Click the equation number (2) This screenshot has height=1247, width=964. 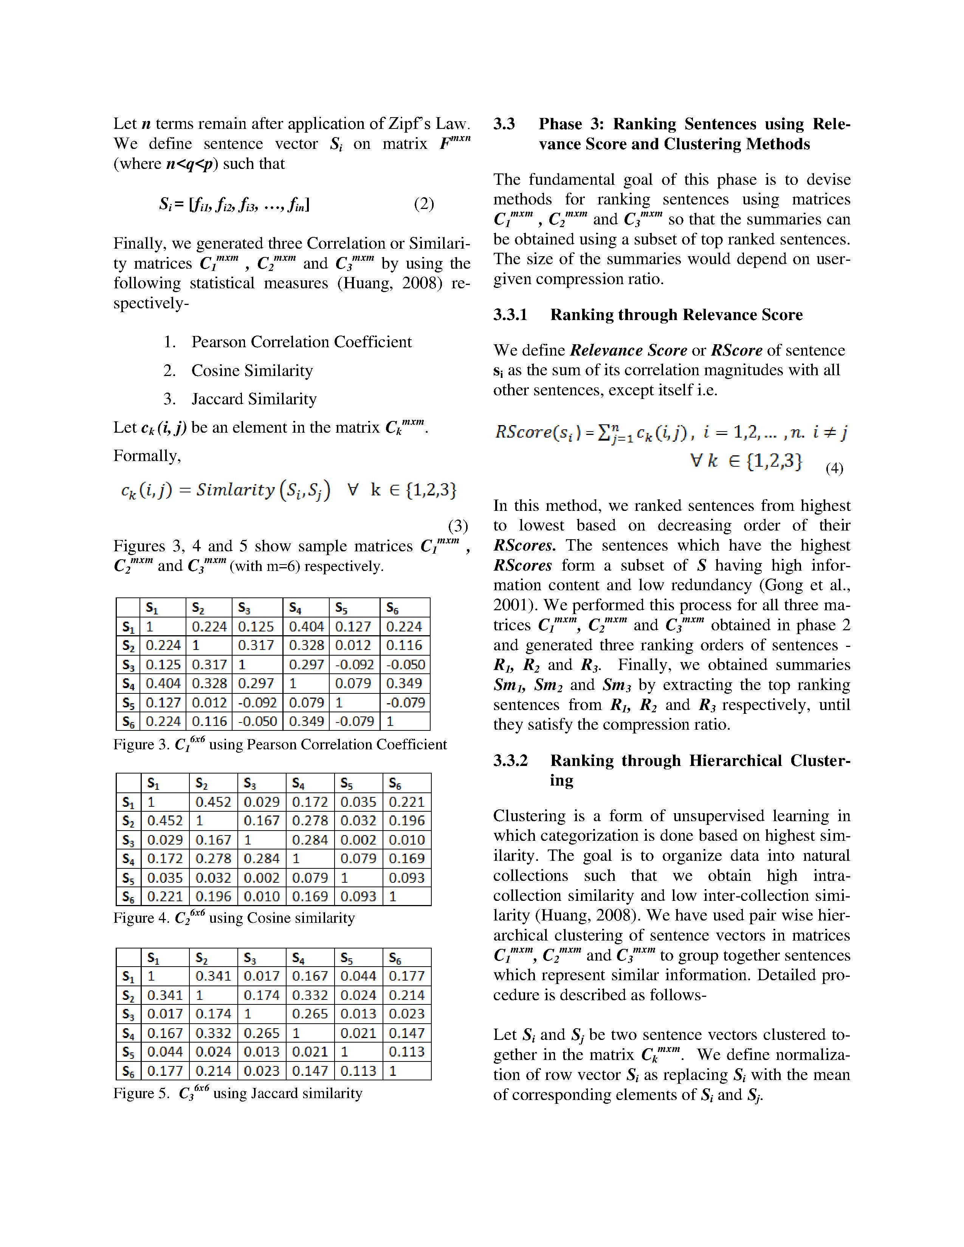click(424, 204)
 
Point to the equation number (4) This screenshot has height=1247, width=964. click(834, 468)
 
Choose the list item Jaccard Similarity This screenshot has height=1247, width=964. click(254, 399)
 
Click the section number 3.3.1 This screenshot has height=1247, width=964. click(511, 315)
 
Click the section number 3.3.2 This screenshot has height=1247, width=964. click(511, 761)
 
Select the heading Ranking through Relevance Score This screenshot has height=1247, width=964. click(676, 315)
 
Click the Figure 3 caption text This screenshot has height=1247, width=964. click(280, 744)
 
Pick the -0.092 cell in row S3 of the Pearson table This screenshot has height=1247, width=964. click(354, 665)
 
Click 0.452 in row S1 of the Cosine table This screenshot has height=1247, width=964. click(213, 802)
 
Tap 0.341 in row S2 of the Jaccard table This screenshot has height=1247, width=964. click(165, 995)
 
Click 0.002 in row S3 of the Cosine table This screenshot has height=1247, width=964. click(358, 840)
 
